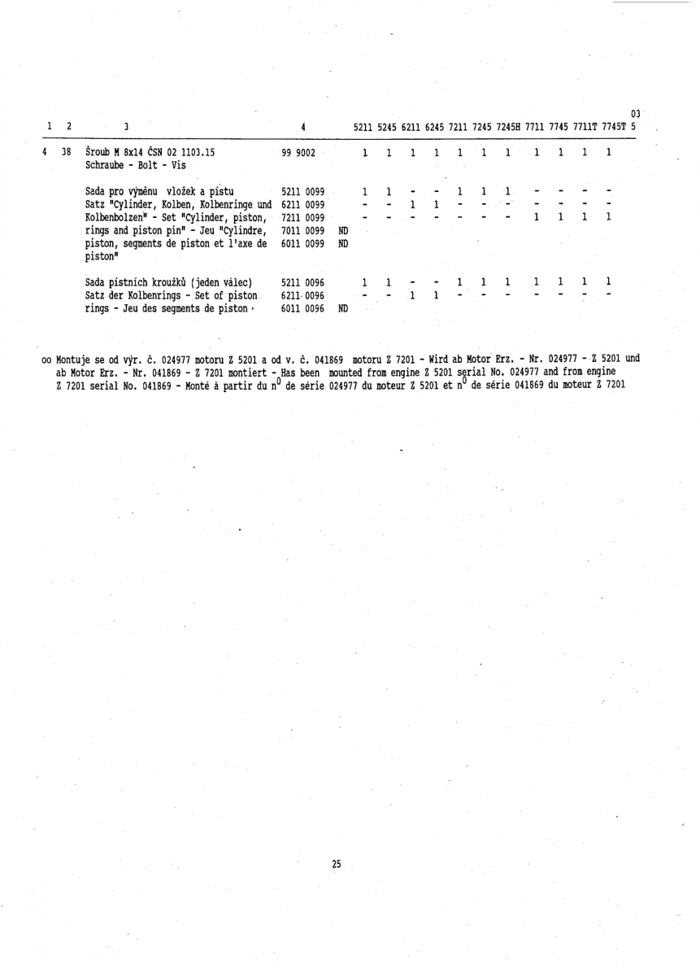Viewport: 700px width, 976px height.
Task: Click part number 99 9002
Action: (x=298, y=152)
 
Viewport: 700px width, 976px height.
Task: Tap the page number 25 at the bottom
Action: (x=336, y=865)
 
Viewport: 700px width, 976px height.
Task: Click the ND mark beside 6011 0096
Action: (x=343, y=309)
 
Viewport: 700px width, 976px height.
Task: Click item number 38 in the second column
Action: (x=67, y=152)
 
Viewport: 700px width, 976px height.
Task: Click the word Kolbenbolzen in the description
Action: (x=117, y=217)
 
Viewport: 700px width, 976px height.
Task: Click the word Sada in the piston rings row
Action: (x=97, y=282)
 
